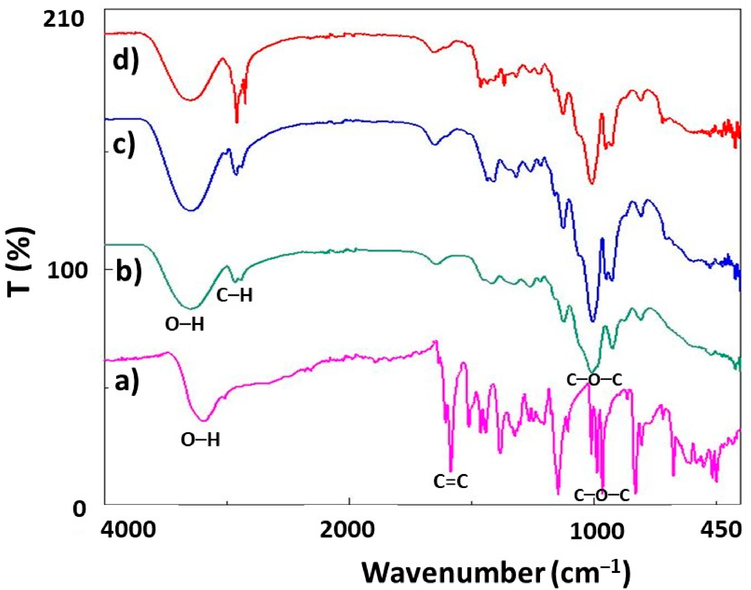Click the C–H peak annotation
[x=235, y=296]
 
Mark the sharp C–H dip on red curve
[x=237, y=122]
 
